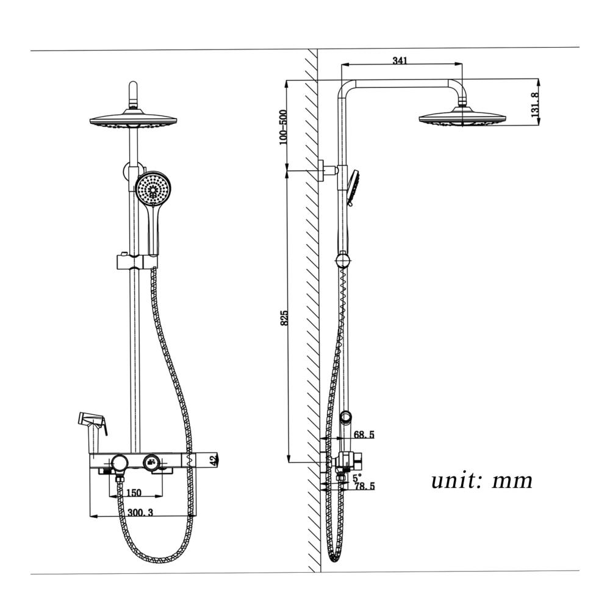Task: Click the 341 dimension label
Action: point(400,60)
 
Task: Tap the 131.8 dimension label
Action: point(536,105)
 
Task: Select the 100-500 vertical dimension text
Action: point(283,127)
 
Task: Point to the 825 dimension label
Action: point(285,318)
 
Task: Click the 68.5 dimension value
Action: point(364,434)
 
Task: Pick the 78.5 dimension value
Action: point(365,486)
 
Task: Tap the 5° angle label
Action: point(357,478)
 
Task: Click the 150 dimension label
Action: point(134,493)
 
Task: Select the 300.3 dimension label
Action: point(140,512)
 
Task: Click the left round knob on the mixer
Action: point(119,463)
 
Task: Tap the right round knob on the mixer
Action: point(151,462)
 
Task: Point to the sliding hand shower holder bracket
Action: point(137,262)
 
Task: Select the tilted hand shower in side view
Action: point(353,187)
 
